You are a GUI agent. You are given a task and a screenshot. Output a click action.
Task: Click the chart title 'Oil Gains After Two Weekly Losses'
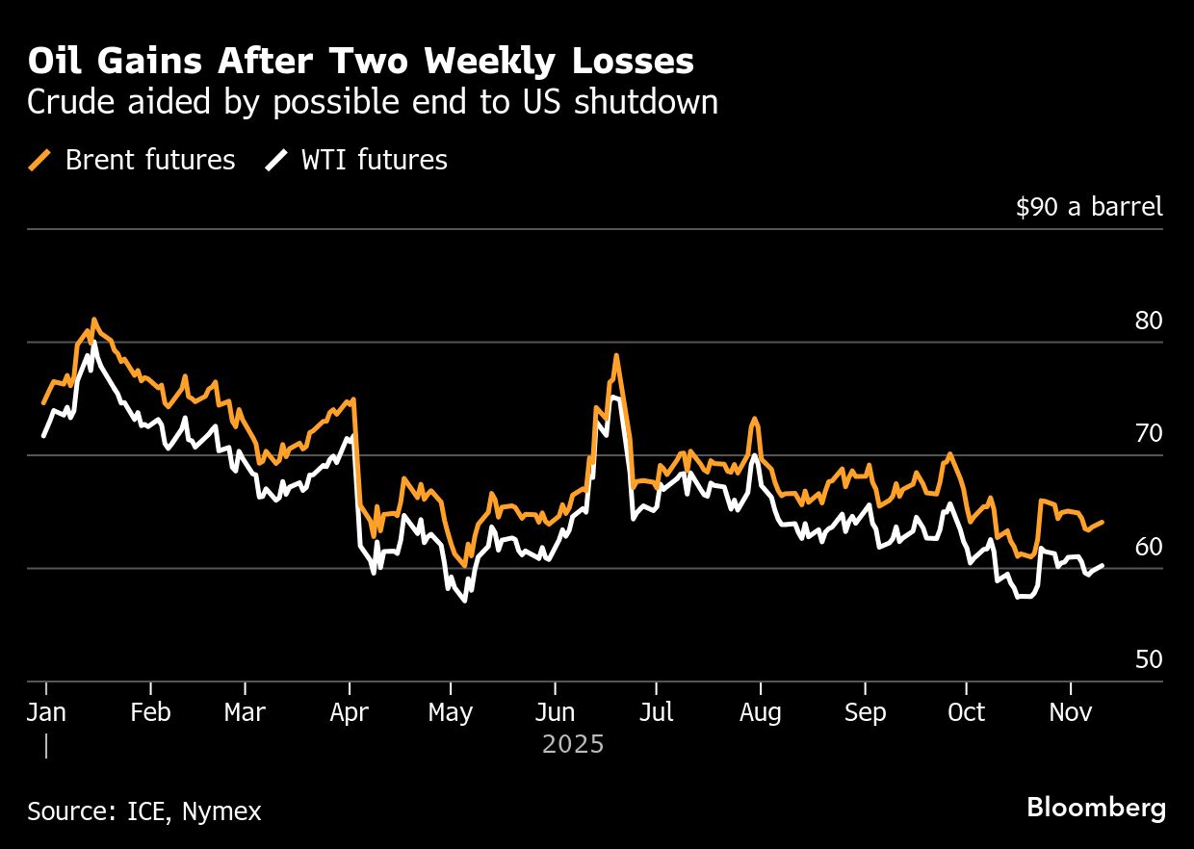[360, 62]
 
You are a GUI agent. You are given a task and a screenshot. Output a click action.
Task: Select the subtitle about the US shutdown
[372, 102]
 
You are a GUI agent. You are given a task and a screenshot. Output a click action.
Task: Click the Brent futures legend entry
[133, 160]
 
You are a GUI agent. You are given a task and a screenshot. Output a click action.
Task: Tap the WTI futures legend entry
[357, 160]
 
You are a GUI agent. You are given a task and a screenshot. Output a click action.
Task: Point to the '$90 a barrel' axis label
[1088, 207]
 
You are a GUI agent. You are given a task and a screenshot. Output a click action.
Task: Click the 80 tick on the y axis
[1148, 322]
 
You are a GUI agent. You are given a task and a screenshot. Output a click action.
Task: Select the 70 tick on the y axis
[1148, 434]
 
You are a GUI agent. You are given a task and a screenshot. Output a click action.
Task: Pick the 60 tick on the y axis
[1148, 547]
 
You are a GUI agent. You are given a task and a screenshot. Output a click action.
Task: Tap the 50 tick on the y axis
[1148, 660]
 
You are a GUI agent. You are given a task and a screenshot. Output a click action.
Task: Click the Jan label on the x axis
[45, 713]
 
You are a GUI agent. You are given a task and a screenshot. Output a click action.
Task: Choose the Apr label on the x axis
[350, 713]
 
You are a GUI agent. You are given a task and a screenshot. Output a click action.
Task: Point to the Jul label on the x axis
[656, 713]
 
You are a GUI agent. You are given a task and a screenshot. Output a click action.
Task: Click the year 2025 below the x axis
[573, 744]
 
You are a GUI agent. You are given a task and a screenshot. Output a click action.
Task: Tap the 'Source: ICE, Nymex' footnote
[143, 811]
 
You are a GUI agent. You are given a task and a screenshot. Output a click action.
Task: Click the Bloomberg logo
[1096, 808]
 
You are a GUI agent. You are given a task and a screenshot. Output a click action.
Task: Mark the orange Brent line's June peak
[615, 355]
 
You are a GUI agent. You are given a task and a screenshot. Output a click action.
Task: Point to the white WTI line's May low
[464, 601]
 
